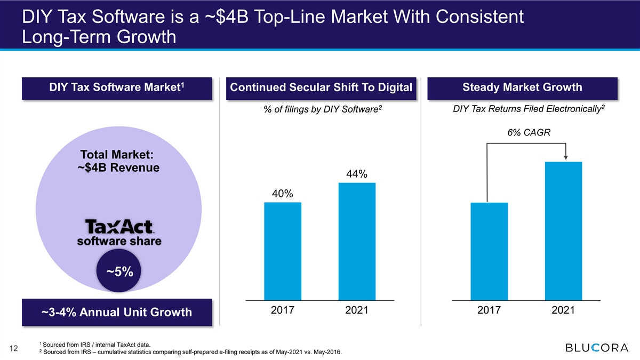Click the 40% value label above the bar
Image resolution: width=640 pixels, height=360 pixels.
tap(282, 194)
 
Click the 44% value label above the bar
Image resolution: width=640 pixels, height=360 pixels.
tap(357, 174)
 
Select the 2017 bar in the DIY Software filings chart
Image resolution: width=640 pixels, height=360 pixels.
tap(283, 251)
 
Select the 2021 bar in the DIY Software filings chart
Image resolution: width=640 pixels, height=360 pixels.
tap(357, 242)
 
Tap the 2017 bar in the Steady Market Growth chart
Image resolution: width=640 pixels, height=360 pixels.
tap(489, 251)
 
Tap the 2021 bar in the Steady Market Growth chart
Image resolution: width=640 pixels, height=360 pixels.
tap(563, 231)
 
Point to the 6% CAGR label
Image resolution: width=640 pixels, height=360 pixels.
tap(529, 133)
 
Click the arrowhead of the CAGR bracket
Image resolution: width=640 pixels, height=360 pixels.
tap(566, 158)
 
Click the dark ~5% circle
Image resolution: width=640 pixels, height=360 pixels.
tap(118, 270)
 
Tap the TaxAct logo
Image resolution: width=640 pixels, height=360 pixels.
tap(119, 227)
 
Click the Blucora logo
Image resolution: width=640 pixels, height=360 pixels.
tap(597, 348)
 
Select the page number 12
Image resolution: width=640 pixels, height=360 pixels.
tap(13, 348)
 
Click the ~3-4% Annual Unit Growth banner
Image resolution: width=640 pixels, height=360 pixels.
tap(117, 313)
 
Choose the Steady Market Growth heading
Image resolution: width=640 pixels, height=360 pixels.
tap(522, 87)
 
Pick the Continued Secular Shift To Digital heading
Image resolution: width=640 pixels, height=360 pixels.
tap(321, 87)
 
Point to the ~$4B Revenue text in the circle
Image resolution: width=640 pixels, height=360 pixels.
tap(118, 167)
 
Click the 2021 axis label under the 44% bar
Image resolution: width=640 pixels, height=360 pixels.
tap(357, 310)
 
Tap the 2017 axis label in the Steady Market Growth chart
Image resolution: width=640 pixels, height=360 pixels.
tap(489, 310)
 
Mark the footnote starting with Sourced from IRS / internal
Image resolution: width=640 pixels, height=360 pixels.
tap(95, 345)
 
